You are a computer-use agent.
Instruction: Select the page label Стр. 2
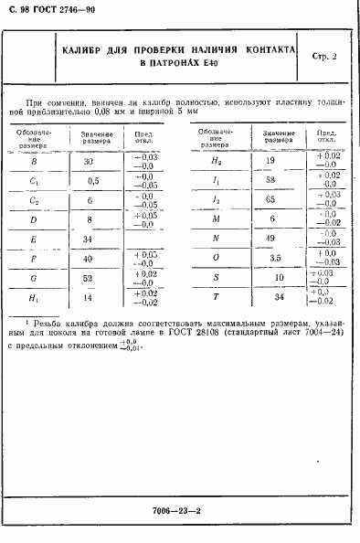pyautogui.click(x=323, y=57)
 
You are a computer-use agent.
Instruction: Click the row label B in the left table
pyautogui.click(x=34, y=160)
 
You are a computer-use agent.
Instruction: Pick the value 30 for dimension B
pyautogui.click(x=89, y=160)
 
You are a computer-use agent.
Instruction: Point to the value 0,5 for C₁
pyautogui.click(x=89, y=180)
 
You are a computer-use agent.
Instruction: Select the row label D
pyautogui.click(x=34, y=220)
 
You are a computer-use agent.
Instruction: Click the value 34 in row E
pyautogui.click(x=89, y=240)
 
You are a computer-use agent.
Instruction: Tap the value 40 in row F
pyautogui.click(x=89, y=260)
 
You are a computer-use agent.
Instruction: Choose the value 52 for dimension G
pyautogui.click(x=89, y=279)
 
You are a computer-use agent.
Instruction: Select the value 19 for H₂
pyautogui.click(x=270, y=160)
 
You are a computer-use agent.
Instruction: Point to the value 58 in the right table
pyautogui.click(x=270, y=180)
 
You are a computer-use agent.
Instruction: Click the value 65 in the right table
pyautogui.click(x=270, y=199)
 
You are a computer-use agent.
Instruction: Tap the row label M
pyautogui.click(x=216, y=219)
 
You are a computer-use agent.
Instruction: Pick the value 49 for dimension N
pyautogui.click(x=270, y=239)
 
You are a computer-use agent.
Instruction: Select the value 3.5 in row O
pyautogui.click(x=270, y=259)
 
